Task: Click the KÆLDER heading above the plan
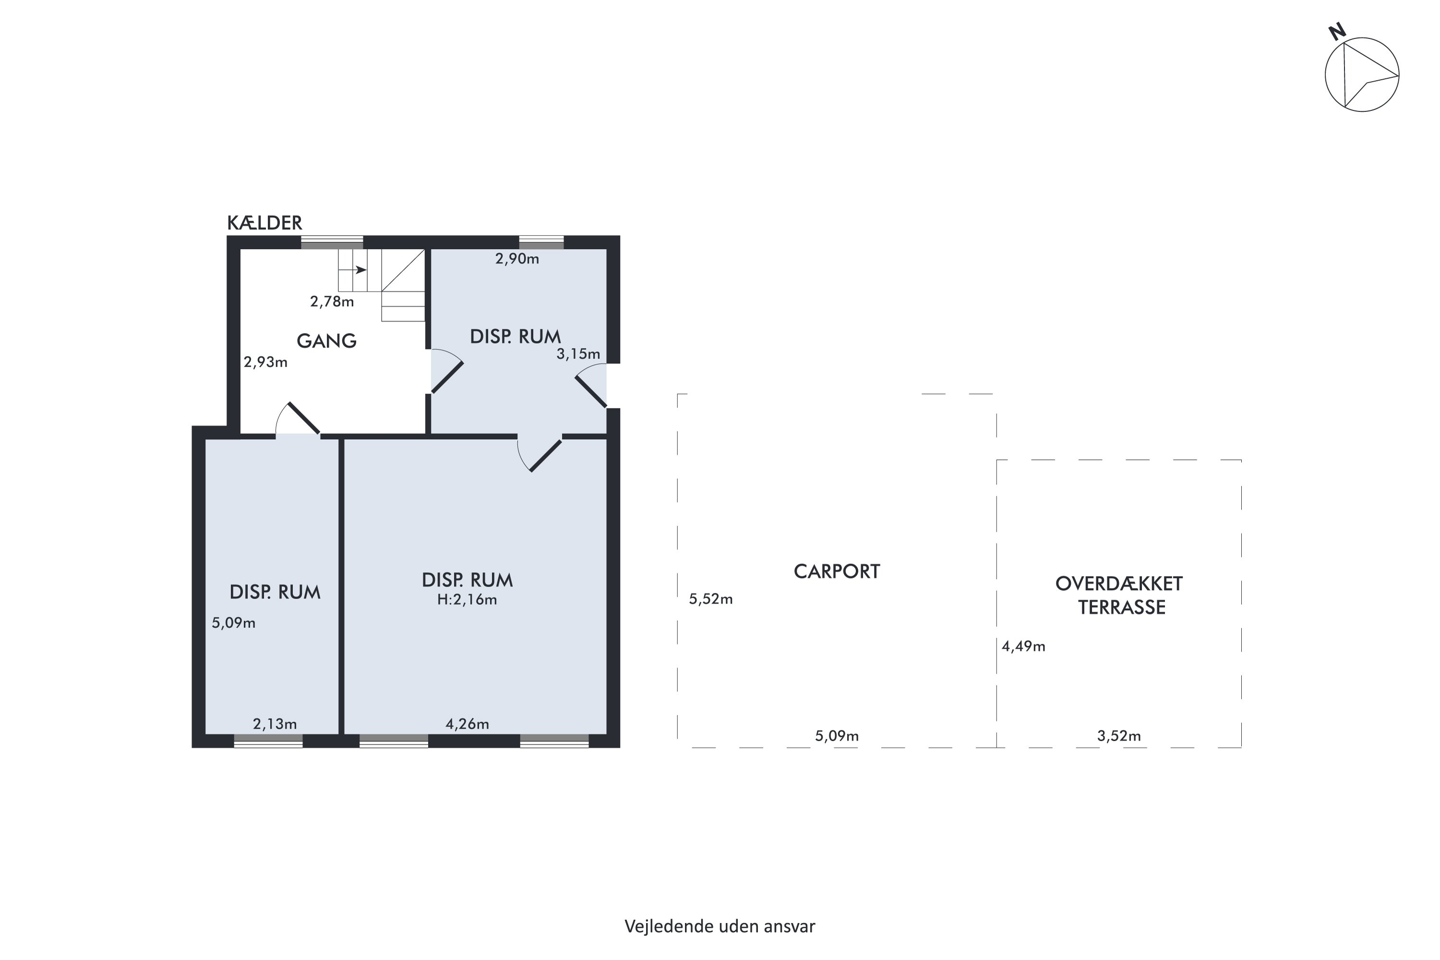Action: pos(264,223)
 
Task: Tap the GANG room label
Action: pos(326,341)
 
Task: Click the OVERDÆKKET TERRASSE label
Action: pos(1119,595)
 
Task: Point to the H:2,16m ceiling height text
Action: pos(467,600)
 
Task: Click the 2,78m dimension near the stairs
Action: pos(332,301)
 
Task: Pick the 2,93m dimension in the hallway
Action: pos(265,362)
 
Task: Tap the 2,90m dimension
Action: pos(517,259)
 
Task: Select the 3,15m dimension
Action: pos(578,354)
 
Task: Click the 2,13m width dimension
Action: pos(275,724)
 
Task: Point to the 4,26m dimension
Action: pos(467,724)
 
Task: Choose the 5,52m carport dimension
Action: pos(711,599)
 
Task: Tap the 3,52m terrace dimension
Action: pos(1118,736)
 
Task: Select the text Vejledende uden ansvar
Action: pos(720,926)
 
